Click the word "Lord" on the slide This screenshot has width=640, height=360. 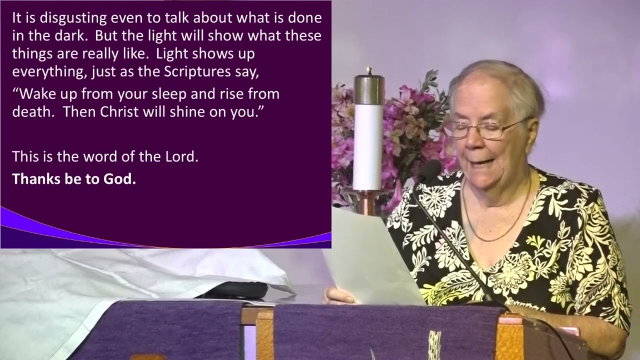click(x=181, y=156)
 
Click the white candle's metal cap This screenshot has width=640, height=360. click(x=369, y=87)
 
